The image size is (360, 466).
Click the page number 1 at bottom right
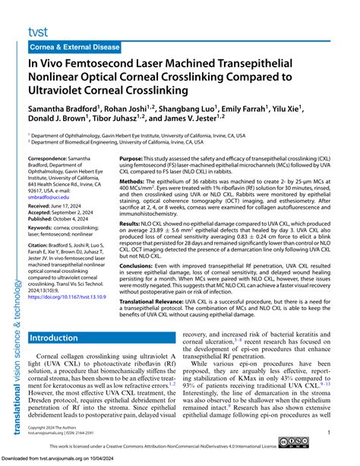pos(328,431)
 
